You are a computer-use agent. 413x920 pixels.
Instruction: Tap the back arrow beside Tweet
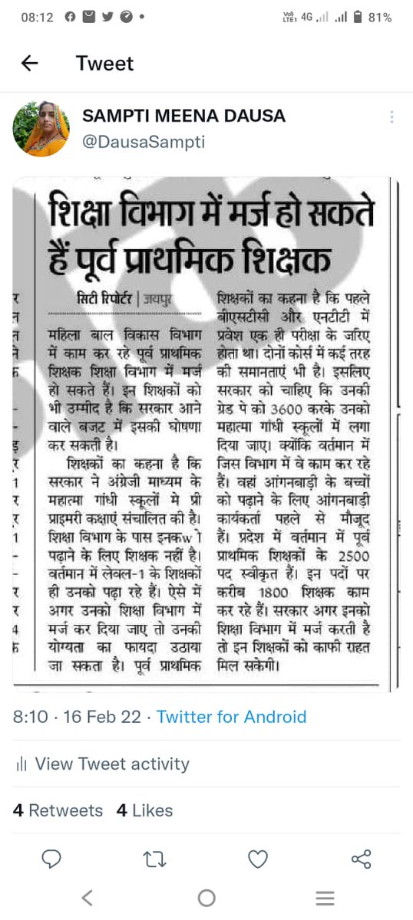point(30,64)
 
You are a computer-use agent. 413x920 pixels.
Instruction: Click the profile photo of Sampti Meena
point(41,128)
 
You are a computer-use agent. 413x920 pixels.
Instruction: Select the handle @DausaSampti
point(144,142)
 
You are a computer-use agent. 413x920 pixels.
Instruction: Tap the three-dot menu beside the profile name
point(392,117)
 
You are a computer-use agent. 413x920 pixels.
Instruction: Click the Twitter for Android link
point(231,717)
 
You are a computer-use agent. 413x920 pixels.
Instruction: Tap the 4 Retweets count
point(58,810)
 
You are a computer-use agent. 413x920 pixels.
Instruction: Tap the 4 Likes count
point(144,810)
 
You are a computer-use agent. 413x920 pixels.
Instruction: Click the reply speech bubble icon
point(51,859)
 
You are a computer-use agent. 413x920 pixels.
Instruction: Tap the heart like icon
point(258,859)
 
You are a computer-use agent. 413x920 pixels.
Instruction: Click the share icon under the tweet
point(361,859)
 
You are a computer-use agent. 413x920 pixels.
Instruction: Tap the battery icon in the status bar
point(357,17)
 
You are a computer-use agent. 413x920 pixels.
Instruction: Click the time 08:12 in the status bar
point(36,17)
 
